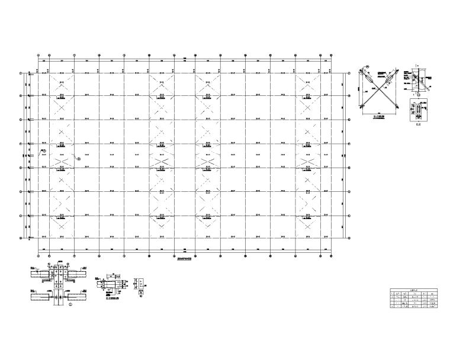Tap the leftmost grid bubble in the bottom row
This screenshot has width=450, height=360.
(x=38, y=256)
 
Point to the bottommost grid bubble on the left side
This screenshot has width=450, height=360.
(x=22, y=239)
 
